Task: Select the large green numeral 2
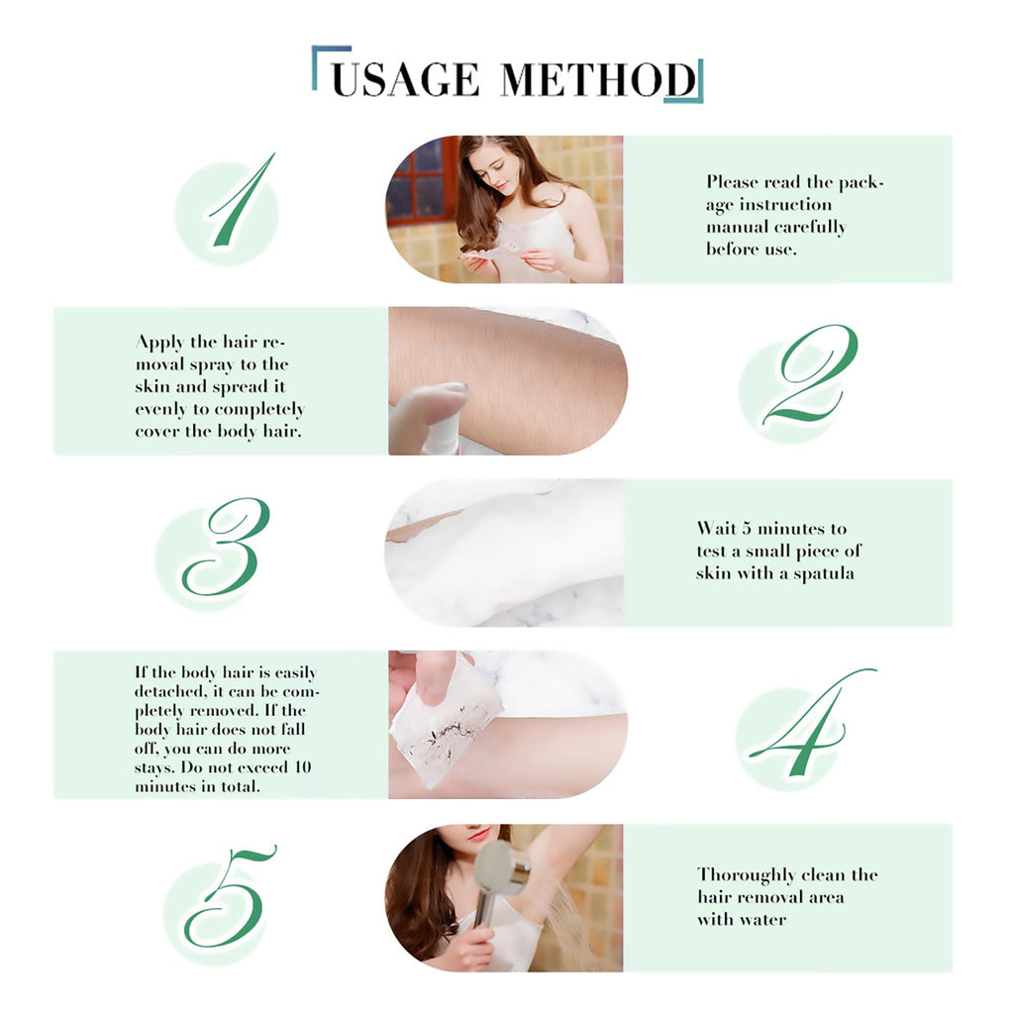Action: pos(812,375)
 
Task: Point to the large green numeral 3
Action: pos(226,547)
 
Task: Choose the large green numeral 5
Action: pos(228,895)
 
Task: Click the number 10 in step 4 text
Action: pos(303,767)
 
